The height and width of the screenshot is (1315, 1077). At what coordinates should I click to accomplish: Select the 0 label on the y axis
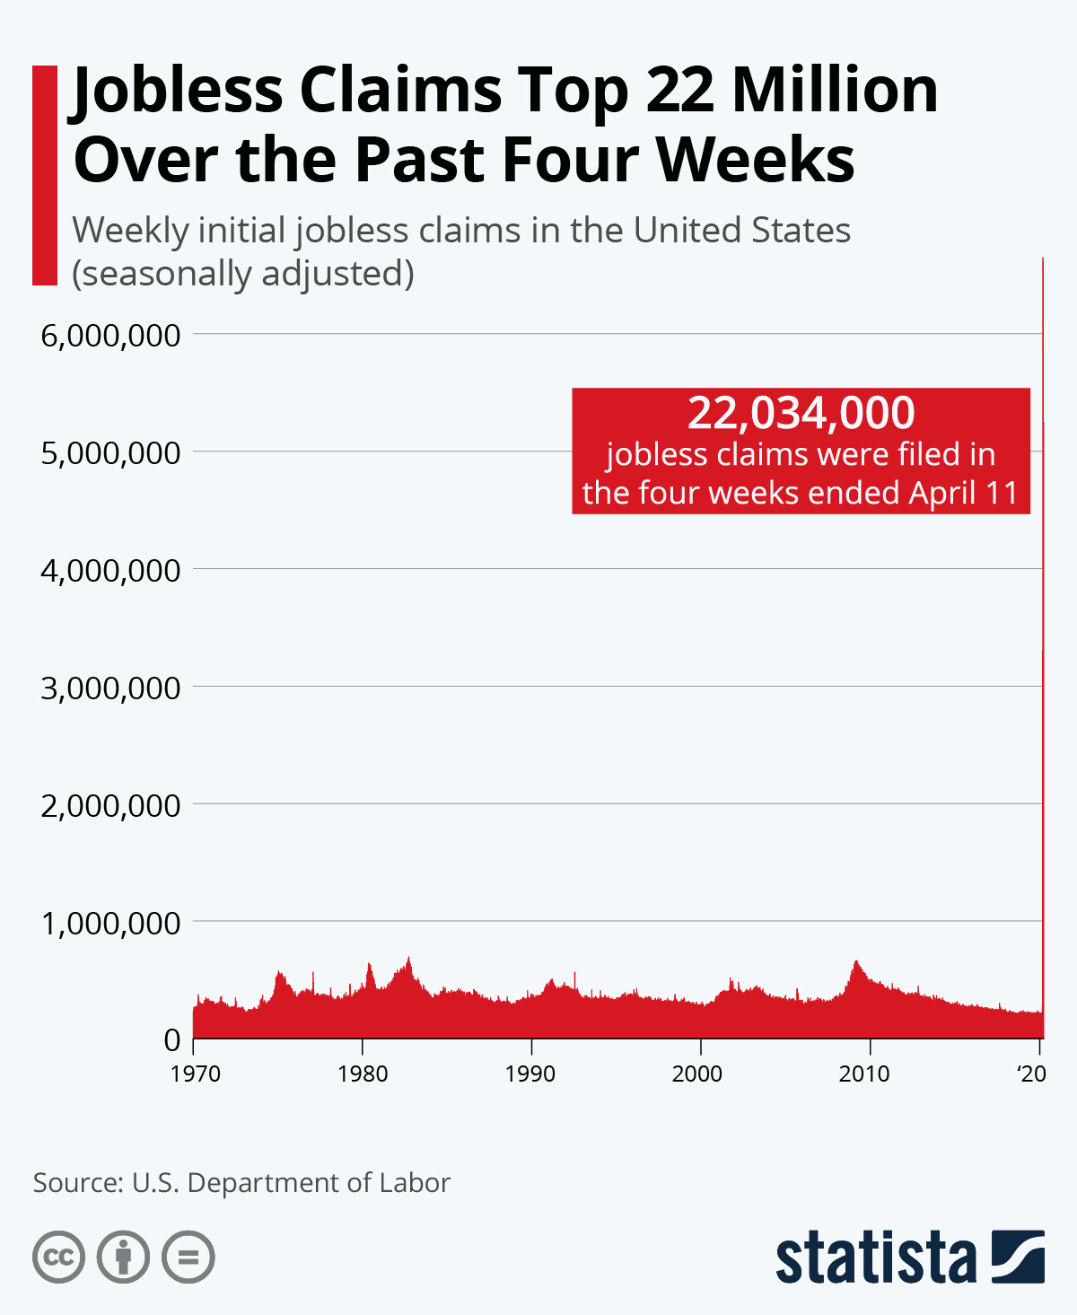[x=172, y=1040]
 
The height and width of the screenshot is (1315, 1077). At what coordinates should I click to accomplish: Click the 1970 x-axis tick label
[x=195, y=1074]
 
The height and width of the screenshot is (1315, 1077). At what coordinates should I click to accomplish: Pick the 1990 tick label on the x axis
[x=530, y=1074]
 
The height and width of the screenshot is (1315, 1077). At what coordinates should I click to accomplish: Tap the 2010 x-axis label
[x=864, y=1074]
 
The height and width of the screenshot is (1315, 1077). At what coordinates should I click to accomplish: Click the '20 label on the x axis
[x=1031, y=1074]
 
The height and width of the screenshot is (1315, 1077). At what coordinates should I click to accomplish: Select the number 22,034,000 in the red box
[x=801, y=413]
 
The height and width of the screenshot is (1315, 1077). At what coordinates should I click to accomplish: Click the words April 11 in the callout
[x=964, y=493]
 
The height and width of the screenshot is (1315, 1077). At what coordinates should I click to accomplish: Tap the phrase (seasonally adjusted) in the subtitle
[x=243, y=273]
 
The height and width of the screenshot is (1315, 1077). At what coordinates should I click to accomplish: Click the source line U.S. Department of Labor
[x=291, y=1182]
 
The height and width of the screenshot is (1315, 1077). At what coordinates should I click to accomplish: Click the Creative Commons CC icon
[x=59, y=1257]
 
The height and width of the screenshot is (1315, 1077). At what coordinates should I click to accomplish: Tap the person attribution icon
[x=124, y=1257]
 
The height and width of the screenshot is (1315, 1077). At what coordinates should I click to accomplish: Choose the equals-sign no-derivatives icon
[x=188, y=1257]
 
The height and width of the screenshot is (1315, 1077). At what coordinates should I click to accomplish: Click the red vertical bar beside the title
[x=45, y=175]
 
